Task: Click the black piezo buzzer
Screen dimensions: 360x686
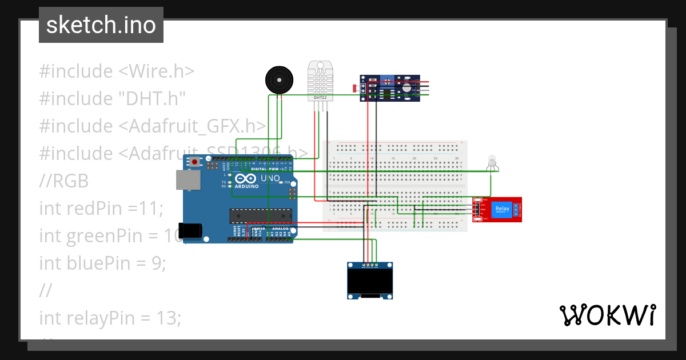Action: coord(278,79)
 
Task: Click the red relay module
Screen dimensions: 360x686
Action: coord(497,209)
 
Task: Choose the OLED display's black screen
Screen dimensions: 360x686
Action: coord(370,281)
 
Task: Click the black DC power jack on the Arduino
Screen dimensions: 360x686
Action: coord(190,230)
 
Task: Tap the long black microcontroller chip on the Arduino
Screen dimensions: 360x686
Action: coord(261,215)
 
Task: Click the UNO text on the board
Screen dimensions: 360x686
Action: coord(270,178)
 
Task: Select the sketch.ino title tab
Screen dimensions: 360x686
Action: coord(101,25)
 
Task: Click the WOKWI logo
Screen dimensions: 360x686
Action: coord(607,315)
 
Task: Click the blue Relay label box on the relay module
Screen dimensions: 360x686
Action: coord(502,209)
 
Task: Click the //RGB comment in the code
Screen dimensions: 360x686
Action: coord(64,181)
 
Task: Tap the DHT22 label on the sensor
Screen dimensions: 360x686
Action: coord(320,98)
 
